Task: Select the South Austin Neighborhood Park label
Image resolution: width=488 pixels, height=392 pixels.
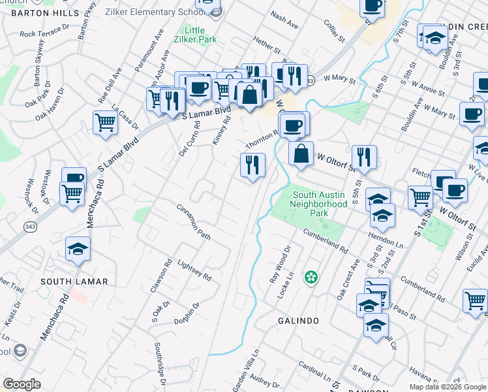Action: coord(320,203)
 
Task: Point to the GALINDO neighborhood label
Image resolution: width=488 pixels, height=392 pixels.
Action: coord(298,321)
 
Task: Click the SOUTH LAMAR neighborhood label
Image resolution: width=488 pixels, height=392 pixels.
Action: coord(65,281)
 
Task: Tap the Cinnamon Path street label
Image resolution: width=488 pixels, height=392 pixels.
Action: coord(194,221)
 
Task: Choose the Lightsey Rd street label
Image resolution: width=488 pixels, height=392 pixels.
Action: coord(194,269)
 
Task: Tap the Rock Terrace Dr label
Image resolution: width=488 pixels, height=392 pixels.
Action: coord(44,32)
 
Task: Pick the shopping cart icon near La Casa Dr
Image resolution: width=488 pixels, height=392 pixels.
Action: coord(105,122)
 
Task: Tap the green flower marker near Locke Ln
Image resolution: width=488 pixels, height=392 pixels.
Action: coord(312,278)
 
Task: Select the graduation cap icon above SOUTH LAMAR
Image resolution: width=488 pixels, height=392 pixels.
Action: coord(78,249)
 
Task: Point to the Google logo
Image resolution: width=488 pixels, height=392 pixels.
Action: coord(22,384)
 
